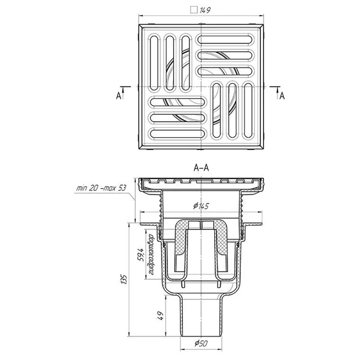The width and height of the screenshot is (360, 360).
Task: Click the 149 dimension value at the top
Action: coord(205,10)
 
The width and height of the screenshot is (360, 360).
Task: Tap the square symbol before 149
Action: coord(194,10)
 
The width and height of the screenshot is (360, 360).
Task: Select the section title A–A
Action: coord(201,168)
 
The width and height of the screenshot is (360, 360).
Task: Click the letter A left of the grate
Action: coord(118,95)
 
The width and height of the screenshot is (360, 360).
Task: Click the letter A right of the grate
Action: coord(282,95)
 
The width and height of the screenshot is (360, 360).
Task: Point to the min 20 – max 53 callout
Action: coord(101,188)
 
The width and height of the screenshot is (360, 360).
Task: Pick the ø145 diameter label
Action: coord(201,206)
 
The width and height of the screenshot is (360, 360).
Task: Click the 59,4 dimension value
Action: coord(140,255)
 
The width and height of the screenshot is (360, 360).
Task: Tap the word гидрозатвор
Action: coord(150,254)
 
